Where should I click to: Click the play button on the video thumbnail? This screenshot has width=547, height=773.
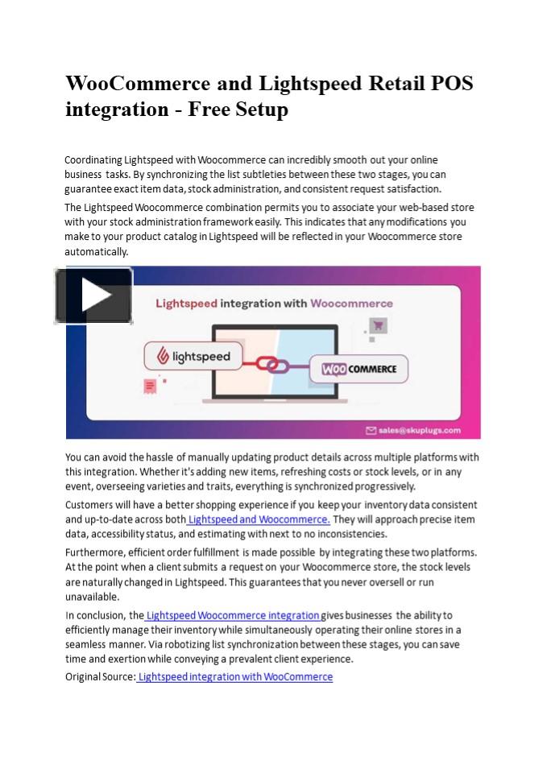pyautogui.click(x=93, y=296)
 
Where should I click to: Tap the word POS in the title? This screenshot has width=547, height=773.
pyautogui.click(x=452, y=84)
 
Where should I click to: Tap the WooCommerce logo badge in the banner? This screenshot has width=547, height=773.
pyautogui.click(x=359, y=369)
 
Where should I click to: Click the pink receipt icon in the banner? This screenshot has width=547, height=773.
pyautogui.click(x=150, y=386)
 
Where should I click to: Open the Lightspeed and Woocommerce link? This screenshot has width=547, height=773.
pyautogui.click(x=259, y=519)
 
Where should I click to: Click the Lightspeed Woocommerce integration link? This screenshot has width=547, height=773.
pyautogui.click(x=233, y=615)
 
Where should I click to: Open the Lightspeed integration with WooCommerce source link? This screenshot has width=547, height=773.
pyautogui.click(x=234, y=676)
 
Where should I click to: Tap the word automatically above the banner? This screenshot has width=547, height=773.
pyautogui.click(x=96, y=251)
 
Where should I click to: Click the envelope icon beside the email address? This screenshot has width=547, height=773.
pyautogui.click(x=372, y=430)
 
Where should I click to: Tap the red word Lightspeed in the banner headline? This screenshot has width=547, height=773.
pyautogui.click(x=184, y=304)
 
